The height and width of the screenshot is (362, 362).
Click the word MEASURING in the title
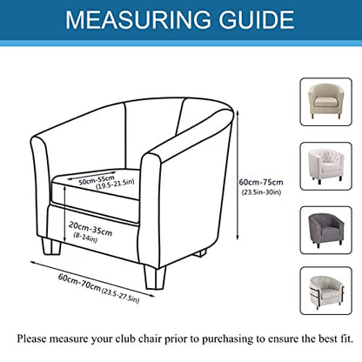138,19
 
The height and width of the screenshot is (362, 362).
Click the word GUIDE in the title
257,19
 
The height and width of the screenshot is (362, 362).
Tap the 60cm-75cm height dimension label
261,183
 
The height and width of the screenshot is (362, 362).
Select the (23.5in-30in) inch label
261,192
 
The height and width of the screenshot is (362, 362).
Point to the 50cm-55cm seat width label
97,179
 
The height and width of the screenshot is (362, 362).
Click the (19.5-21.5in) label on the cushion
115,184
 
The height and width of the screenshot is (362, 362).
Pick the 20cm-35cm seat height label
90,228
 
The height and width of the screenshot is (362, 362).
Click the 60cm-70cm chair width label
79,283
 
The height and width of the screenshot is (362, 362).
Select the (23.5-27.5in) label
121,296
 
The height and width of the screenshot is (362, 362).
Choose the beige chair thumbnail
325,102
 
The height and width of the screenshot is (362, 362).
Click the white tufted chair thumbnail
325,166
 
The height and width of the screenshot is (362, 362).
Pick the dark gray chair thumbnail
325,230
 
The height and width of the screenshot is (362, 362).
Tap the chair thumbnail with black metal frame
325,291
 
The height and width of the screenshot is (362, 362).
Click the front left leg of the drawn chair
51,246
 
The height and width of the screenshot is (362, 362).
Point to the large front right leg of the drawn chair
155,278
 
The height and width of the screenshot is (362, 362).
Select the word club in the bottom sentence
125,339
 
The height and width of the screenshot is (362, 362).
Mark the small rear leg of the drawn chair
200,253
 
